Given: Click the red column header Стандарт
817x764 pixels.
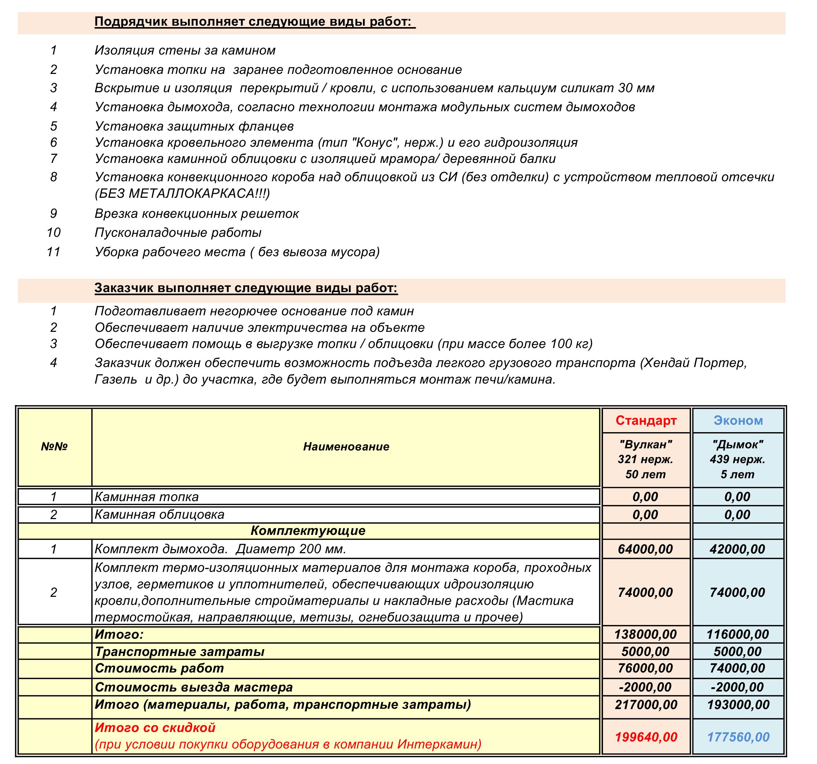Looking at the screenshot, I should [646, 420].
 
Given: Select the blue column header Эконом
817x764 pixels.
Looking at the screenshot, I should [738, 420].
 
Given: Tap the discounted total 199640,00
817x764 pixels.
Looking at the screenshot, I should [646, 737].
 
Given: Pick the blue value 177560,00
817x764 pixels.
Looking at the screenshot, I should [738, 737].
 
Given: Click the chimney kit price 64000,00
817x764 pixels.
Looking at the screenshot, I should [645, 549].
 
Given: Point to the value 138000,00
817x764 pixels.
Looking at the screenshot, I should [645, 634].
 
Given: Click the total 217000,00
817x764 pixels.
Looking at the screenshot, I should [646, 705].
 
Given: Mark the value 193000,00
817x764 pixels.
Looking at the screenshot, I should [738, 705].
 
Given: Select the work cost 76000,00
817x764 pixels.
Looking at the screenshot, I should [645, 668].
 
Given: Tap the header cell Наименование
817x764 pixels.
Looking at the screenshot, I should [346, 447].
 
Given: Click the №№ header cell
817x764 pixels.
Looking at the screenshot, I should [54, 447].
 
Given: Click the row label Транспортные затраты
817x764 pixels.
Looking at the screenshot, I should [180, 651].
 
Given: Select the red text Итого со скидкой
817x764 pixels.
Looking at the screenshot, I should [155, 727].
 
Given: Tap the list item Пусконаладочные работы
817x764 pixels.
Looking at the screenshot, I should [178, 233].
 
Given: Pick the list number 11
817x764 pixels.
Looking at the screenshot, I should [54, 251].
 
